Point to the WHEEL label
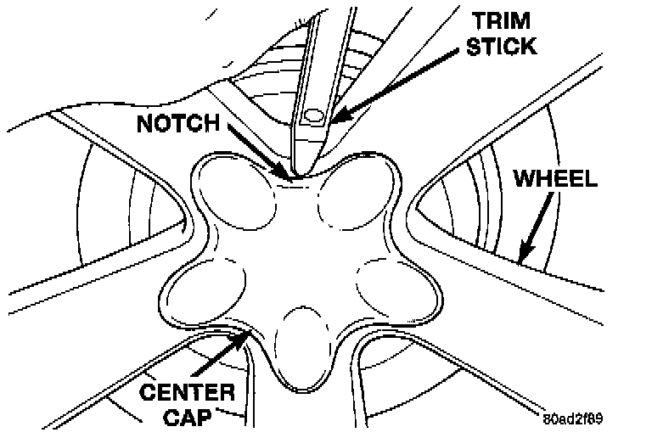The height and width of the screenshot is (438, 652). coord(556,180)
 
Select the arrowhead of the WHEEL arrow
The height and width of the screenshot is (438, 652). coord(520,258)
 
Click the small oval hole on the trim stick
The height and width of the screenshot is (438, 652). coord(312,114)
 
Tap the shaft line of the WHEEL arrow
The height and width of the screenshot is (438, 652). coord(538,226)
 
